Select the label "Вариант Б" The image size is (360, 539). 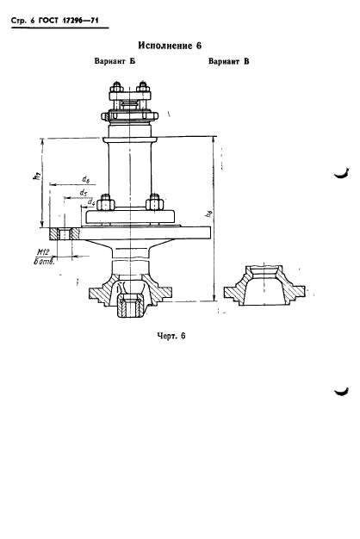pyautogui.click(x=115, y=61)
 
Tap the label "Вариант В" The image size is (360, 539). pyautogui.click(x=228, y=61)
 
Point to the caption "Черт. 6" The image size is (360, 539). pyautogui.click(x=171, y=336)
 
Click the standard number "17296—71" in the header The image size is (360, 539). pyautogui.click(x=80, y=21)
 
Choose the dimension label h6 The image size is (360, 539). pyautogui.click(x=208, y=214)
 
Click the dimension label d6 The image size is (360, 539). pyautogui.click(x=85, y=179)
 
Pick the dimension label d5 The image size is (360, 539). pyautogui.click(x=83, y=193)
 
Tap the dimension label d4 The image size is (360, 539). pyautogui.click(x=90, y=202)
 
